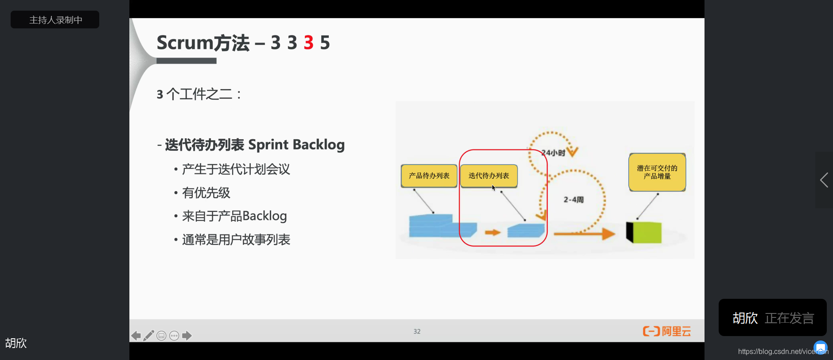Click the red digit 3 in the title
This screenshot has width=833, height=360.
(x=308, y=43)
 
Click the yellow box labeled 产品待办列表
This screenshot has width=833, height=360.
(x=429, y=176)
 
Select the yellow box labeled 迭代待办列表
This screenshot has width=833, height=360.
(x=489, y=176)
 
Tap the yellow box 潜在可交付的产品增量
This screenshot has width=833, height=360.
(x=657, y=172)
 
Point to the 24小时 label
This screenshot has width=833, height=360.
(x=553, y=153)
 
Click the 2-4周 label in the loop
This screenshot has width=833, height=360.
(x=573, y=200)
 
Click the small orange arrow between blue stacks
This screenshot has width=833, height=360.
(x=492, y=232)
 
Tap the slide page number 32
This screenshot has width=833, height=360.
(x=417, y=332)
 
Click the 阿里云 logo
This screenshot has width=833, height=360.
(x=667, y=331)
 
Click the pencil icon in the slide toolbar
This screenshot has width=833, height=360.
(x=149, y=336)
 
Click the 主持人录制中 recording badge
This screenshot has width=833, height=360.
(x=55, y=20)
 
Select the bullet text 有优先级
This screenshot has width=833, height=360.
(x=206, y=193)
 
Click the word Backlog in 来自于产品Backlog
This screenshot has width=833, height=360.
(x=265, y=216)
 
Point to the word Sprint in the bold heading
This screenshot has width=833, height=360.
(x=268, y=145)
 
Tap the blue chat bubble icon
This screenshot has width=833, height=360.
(x=821, y=347)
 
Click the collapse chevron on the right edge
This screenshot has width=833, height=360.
(x=824, y=180)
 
